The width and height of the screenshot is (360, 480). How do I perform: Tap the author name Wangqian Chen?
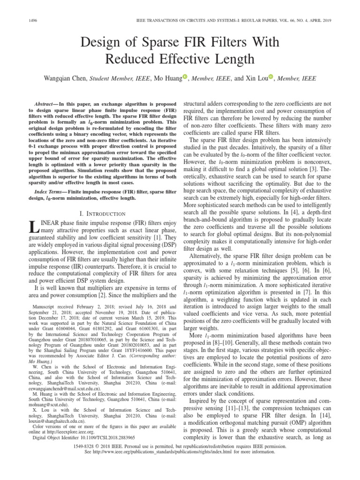[66, 78]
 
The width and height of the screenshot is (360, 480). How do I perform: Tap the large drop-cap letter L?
[33, 229]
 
